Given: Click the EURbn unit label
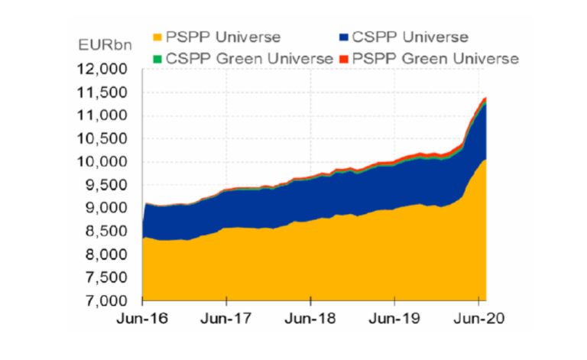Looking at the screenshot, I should tap(103, 44).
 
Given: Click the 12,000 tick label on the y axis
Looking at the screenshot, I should tap(104, 70).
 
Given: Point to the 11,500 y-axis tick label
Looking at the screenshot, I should tap(104, 92).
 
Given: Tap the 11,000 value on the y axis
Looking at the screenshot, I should tap(104, 115).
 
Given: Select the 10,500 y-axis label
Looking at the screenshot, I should tap(104, 139).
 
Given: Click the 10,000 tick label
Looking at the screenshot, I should tap(104, 162).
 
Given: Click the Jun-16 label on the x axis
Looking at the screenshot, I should tap(143, 316).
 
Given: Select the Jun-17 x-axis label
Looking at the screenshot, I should tap(226, 316).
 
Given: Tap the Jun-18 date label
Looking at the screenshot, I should tap(310, 316).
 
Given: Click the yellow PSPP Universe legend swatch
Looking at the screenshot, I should tap(158, 37).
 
